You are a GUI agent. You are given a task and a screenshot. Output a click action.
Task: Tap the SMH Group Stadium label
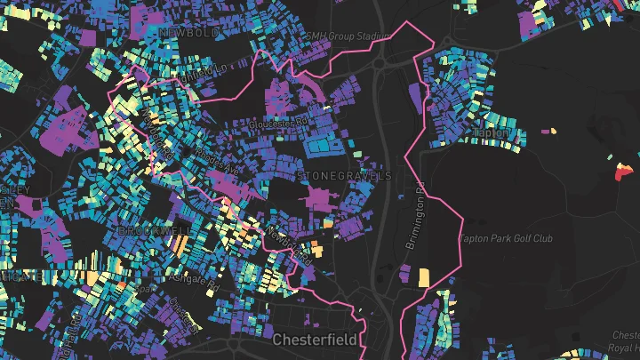pyautogui.click(x=348, y=36)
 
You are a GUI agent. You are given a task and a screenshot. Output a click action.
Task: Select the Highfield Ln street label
pyautogui.click(x=201, y=70)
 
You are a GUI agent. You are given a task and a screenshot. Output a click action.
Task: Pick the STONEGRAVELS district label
pyautogui.click(x=345, y=176)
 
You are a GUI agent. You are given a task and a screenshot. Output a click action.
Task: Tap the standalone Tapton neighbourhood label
pyautogui.click(x=492, y=133)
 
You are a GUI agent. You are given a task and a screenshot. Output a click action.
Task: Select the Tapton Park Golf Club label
pyautogui.click(x=519, y=238)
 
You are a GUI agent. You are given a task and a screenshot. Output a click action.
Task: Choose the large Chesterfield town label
pyautogui.click(x=316, y=340)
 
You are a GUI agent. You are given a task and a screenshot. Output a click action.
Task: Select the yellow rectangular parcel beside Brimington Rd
pyautogui.click(x=423, y=276)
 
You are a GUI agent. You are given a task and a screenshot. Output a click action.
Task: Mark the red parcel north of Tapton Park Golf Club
pyautogui.click(x=621, y=172)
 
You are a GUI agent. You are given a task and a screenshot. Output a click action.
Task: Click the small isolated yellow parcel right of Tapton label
pyautogui.click(x=553, y=132)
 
